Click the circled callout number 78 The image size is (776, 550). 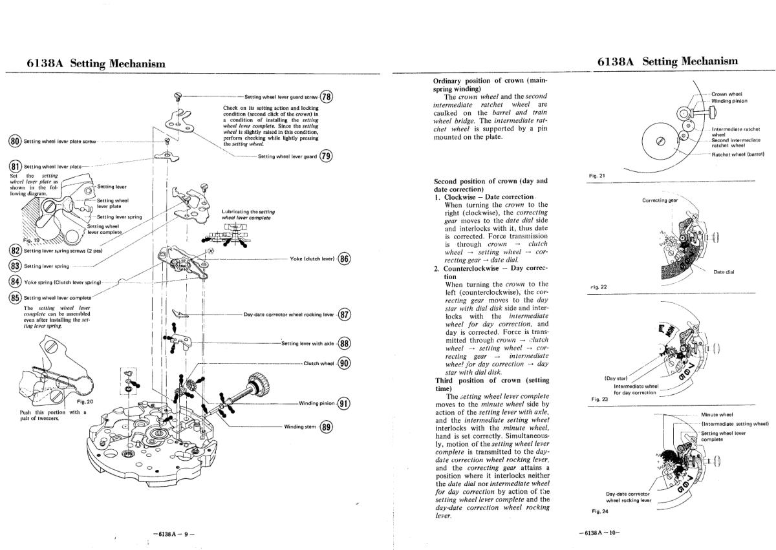327,97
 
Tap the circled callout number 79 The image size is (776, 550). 326,156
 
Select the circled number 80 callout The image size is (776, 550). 14,142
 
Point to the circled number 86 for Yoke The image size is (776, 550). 345,259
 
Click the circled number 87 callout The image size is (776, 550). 344,315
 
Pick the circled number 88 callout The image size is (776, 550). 344,344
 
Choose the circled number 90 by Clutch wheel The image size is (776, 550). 344,363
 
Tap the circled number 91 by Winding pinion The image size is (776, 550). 344,403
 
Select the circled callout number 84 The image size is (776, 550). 15,281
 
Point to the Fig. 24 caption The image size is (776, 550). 599,511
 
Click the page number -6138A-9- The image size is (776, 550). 174,533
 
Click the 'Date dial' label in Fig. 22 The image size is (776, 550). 724,271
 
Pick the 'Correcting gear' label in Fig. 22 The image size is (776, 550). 660,200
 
